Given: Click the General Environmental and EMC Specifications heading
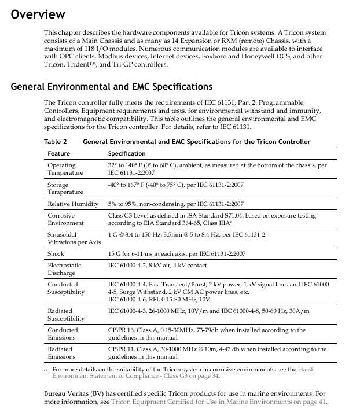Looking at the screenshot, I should click(x=111, y=87).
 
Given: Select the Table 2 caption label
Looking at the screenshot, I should click(x=55, y=142).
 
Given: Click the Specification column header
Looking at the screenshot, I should click(x=127, y=153).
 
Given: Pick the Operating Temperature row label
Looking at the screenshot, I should click(x=61, y=169).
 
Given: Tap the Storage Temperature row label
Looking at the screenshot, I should click(x=61, y=188).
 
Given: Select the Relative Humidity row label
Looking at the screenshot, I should click(x=73, y=204).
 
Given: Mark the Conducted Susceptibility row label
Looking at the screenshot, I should click(x=66, y=289).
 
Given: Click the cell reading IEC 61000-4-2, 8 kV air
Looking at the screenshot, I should click(x=157, y=266).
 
